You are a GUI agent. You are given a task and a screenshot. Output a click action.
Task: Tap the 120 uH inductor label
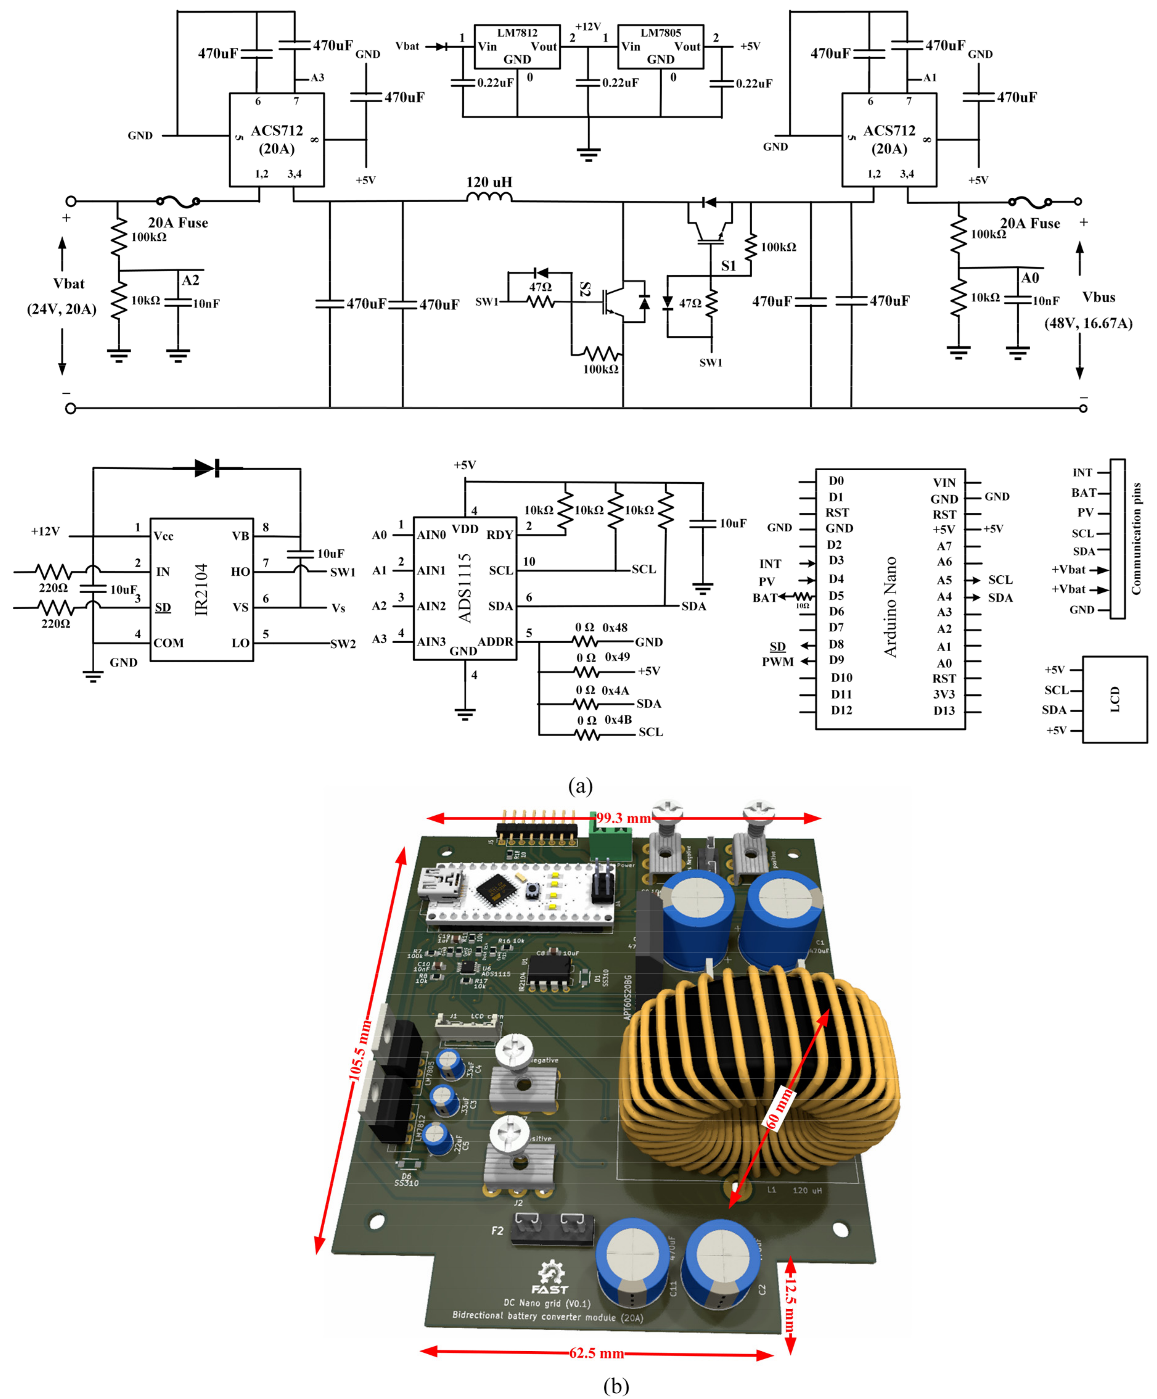(x=489, y=182)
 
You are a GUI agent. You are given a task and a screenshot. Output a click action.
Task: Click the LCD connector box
(x=1114, y=699)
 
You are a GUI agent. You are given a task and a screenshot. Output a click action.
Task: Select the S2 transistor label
(x=585, y=288)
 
